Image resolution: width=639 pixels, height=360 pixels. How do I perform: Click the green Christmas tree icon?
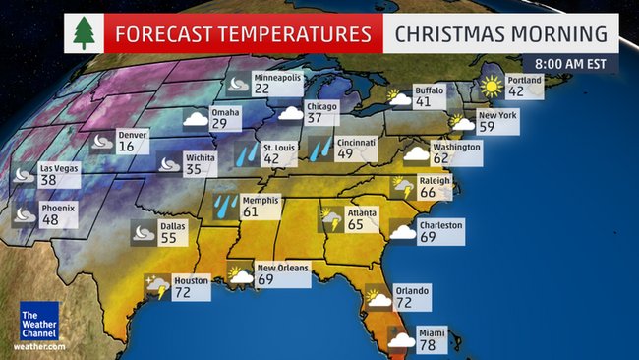pos(86,33)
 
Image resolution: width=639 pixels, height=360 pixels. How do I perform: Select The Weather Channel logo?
pos(38,321)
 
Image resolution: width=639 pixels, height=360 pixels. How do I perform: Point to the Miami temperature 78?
pos(431,345)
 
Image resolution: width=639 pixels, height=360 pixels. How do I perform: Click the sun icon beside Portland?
pos(490,87)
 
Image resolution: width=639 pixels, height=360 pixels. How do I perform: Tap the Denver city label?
pos(133,135)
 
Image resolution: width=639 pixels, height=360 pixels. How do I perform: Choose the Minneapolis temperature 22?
pos(262,89)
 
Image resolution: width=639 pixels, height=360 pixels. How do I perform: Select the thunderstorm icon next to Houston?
pos(156,286)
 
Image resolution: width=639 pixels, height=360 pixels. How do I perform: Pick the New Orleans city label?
pos(282,268)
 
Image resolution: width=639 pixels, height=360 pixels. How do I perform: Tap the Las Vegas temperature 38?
pos(48,181)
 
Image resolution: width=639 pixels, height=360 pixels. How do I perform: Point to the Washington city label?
pos(456,147)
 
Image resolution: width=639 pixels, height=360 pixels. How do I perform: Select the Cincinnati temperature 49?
pos(344,153)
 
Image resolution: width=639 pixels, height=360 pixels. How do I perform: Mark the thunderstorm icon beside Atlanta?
pos(331,218)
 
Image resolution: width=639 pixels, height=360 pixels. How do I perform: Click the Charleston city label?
pos(440,224)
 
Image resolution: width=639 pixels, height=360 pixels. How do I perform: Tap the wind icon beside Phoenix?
pos(25,213)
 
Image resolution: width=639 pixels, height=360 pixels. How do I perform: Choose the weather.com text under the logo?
pos(38,346)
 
